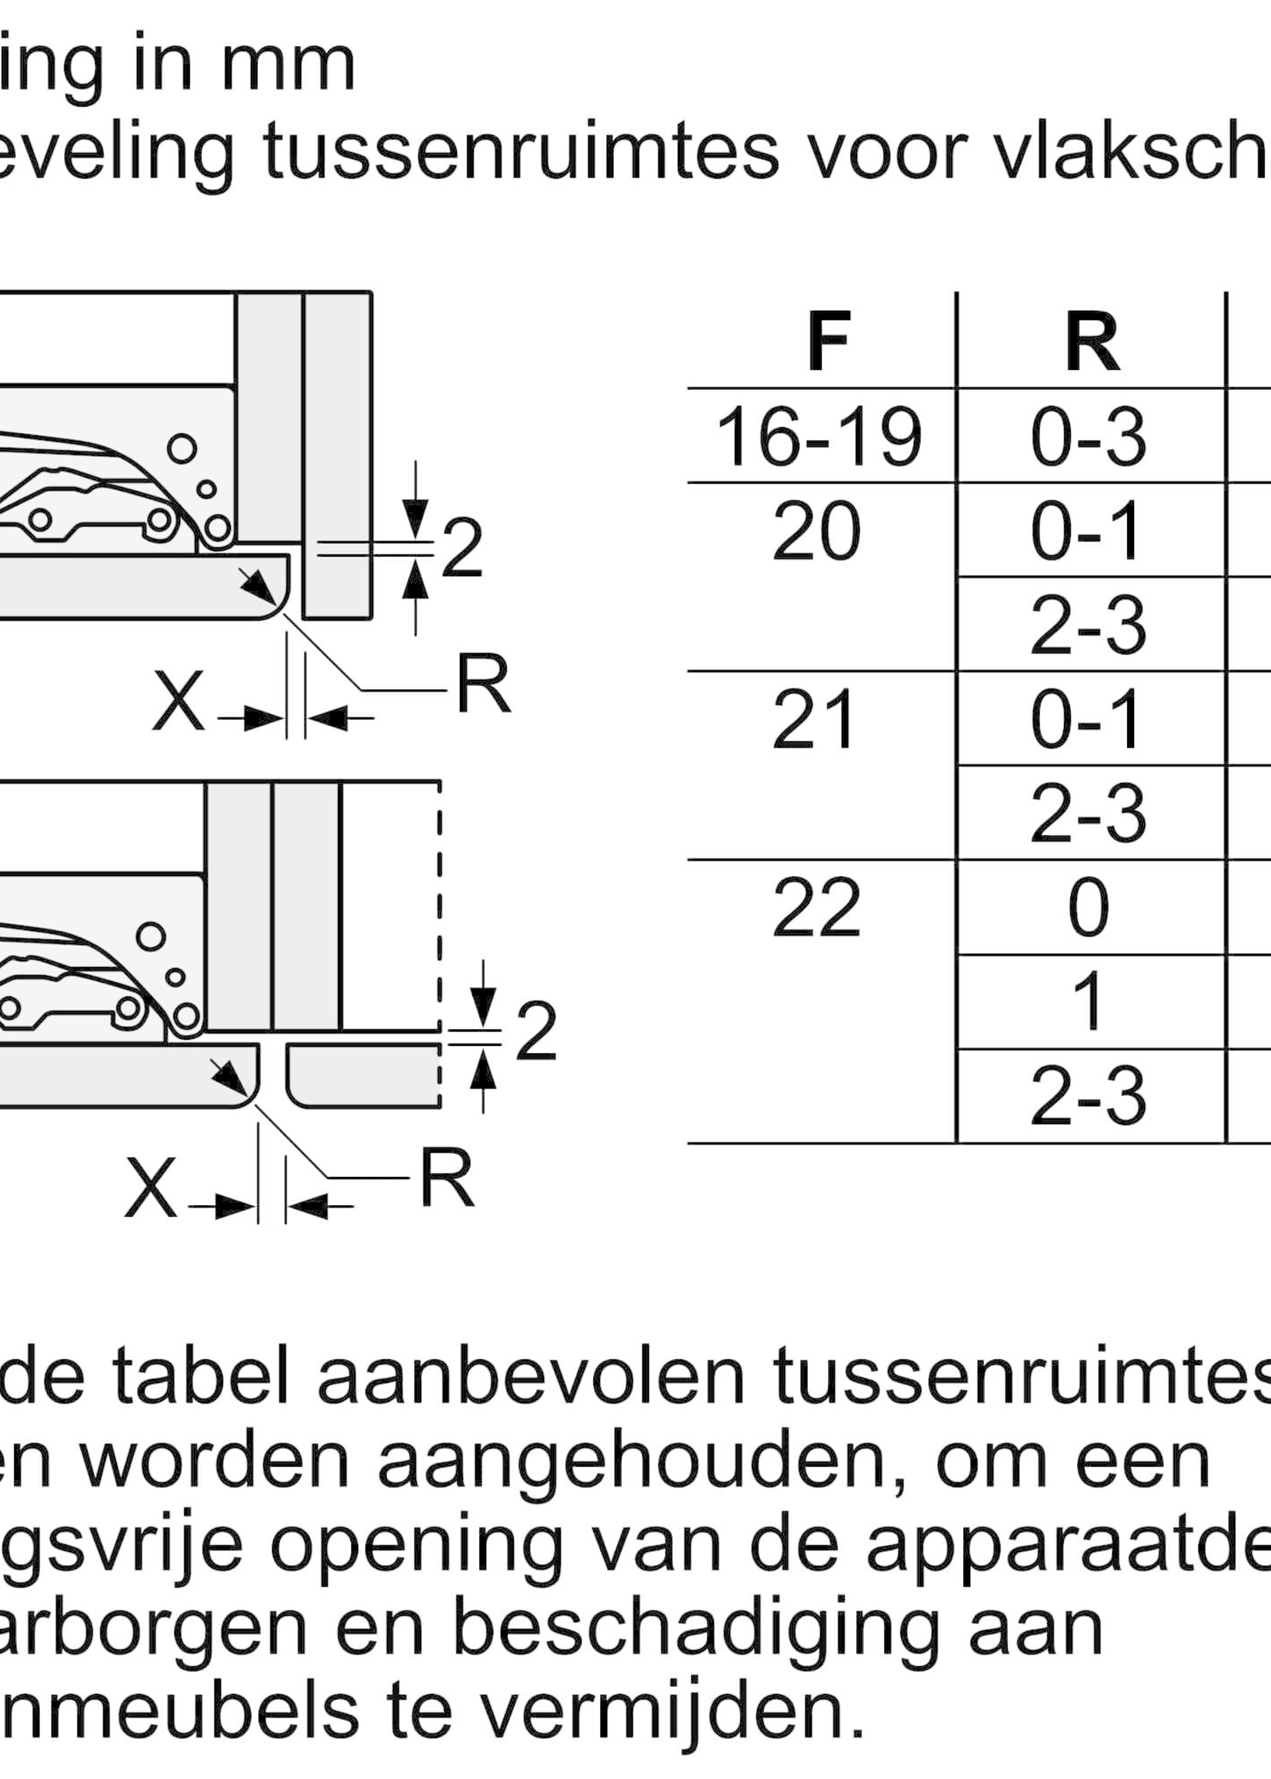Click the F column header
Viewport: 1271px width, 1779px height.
pos(828,344)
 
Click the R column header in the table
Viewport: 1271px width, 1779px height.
pos(1091,344)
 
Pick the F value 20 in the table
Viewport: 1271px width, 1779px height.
pos(816,533)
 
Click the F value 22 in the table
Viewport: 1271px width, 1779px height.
pos(816,908)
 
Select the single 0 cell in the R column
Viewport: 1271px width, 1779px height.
pos(1088,908)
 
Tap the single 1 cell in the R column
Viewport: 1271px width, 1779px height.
pos(1088,1002)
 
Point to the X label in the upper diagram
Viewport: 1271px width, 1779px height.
pos(178,702)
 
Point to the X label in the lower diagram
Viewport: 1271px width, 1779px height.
pos(150,1190)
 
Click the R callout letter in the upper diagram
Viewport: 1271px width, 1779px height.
pos(483,685)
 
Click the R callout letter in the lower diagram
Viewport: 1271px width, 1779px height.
pos(447,1178)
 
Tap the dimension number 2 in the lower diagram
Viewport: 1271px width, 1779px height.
pos(536,1033)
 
